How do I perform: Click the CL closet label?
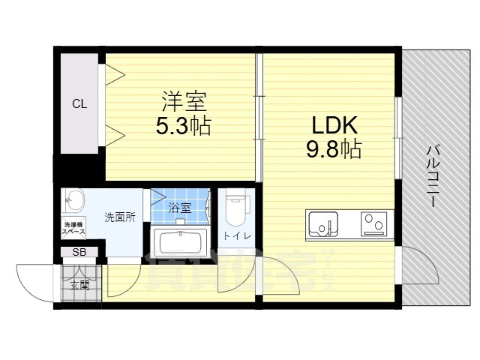pos(79,104)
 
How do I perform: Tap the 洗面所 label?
pos(119,217)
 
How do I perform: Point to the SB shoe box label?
pos(79,253)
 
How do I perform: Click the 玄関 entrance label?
pos(79,284)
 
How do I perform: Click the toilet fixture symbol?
pos(236,209)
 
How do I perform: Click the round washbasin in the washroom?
pos(73,199)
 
